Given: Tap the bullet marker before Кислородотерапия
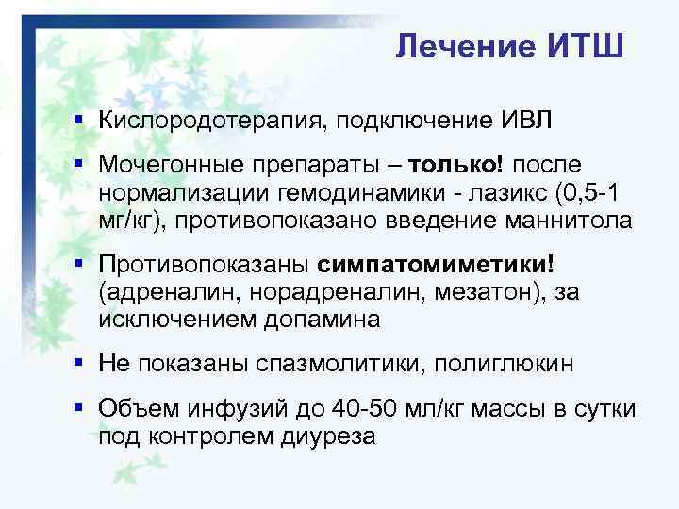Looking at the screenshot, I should pyautogui.click(x=83, y=121).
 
